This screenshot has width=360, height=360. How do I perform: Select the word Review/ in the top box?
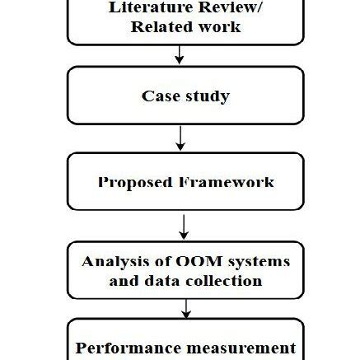pos(232,9)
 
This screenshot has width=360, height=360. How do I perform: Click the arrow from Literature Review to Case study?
pos(179,56)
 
